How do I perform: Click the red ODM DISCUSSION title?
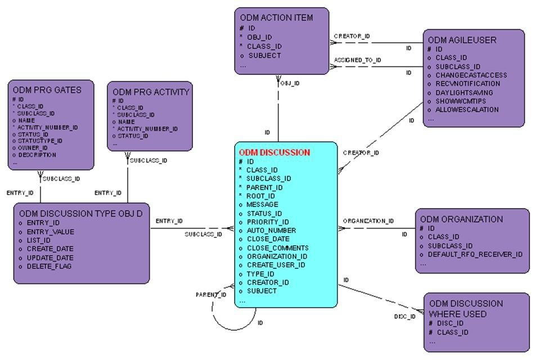pos(274,152)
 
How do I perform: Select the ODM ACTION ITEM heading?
pos(276,17)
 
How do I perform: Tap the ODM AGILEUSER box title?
pos(462,40)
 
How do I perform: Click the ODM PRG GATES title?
pos(47,89)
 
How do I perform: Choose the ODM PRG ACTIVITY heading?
pos(151,92)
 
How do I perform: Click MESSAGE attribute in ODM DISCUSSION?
pos(262,205)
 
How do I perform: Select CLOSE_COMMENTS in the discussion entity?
pos(277,248)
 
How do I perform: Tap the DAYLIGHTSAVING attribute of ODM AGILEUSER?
pos(464,92)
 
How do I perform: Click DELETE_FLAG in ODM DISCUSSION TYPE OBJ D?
pos(49,266)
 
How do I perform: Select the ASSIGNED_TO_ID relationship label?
pos(357,60)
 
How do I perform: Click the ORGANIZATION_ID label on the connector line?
pos(369,221)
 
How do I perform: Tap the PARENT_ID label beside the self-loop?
pos(211,295)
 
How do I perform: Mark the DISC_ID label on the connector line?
pos(405,317)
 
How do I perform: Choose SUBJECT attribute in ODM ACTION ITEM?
pos(264,56)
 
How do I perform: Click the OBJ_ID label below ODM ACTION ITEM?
pos(290,83)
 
